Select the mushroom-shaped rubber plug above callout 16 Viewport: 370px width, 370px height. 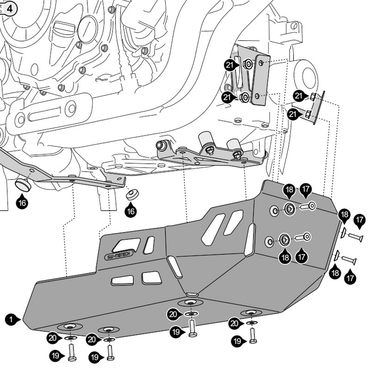tap(23, 185)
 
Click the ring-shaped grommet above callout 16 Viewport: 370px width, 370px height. tap(132, 194)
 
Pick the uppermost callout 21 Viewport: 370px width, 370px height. tap(230, 66)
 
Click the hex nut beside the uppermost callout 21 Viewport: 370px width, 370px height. tap(248, 65)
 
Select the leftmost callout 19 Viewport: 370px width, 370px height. tap(57, 356)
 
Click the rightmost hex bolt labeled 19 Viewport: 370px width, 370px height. tap(253, 334)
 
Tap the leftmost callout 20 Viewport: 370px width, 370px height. tap(54, 338)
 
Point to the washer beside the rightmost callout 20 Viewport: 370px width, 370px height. tap(252, 322)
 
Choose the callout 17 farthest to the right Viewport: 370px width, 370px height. tap(360, 219)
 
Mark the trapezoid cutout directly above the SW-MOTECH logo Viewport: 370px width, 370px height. tap(126, 245)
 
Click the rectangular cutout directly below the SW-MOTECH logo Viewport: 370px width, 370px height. tap(122, 280)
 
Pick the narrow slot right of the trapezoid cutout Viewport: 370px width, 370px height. tap(149, 245)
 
